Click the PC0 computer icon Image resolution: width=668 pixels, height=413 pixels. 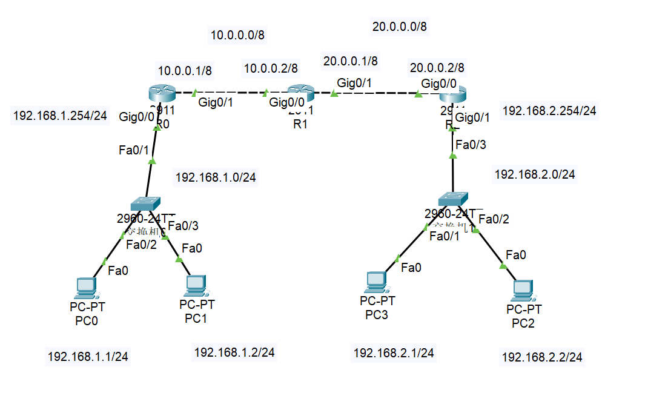click(86, 288)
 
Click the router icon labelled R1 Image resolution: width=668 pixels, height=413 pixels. click(301, 94)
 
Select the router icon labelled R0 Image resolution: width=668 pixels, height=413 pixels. click(161, 94)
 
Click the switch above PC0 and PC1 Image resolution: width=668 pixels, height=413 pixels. click(145, 203)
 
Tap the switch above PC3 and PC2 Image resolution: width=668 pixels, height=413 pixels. click(453, 198)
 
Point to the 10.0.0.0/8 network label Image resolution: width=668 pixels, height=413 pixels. click(237, 35)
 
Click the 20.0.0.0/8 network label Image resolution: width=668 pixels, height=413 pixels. click(400, 26)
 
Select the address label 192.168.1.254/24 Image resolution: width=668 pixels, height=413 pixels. click(60, 116)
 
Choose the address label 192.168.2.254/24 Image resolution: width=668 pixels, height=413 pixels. click(549, 111)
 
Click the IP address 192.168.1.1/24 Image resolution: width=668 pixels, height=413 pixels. click(88, 357)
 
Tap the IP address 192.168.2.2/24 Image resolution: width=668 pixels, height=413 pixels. click(542, 358)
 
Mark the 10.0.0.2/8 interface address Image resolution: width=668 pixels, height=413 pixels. click(271, 69)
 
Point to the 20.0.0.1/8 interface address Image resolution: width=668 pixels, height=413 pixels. click(351, 61)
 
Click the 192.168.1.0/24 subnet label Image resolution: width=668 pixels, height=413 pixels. click(216, 177)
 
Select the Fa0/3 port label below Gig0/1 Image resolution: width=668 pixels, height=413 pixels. click(471, 144)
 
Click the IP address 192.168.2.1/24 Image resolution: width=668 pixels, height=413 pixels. click(394, 352)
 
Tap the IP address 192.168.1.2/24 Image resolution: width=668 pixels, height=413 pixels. click(234, 351)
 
